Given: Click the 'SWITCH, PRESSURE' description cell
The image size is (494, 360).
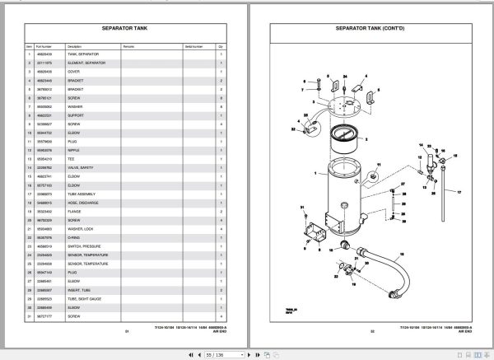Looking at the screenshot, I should (x=83, y=245).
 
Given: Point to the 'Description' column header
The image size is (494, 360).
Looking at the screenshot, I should (x=75, y=46).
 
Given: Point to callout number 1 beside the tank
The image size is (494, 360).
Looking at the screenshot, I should (x=315, y=174).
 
